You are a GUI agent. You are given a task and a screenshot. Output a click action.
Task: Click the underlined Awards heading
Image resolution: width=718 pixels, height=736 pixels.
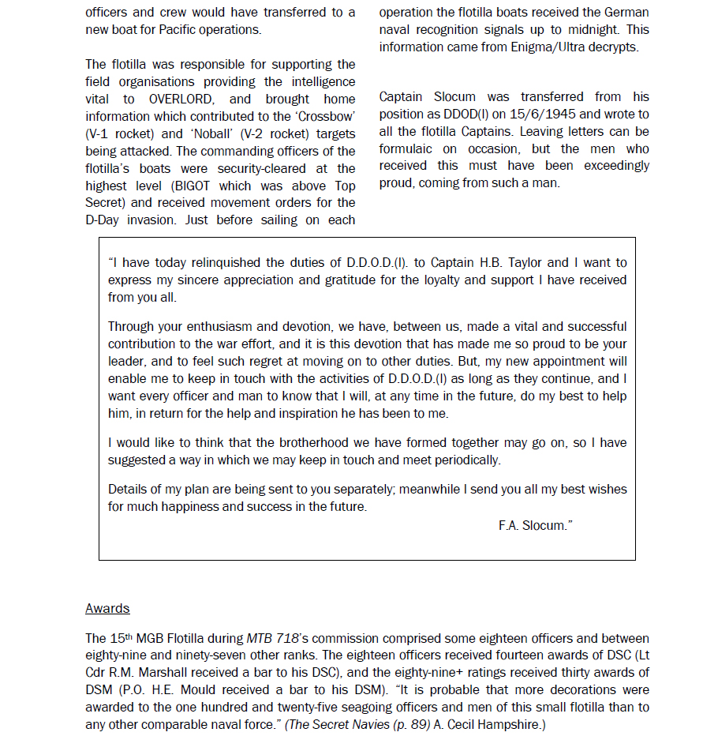107,608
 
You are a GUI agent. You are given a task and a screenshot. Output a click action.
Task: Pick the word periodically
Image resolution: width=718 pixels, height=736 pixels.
462,460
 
